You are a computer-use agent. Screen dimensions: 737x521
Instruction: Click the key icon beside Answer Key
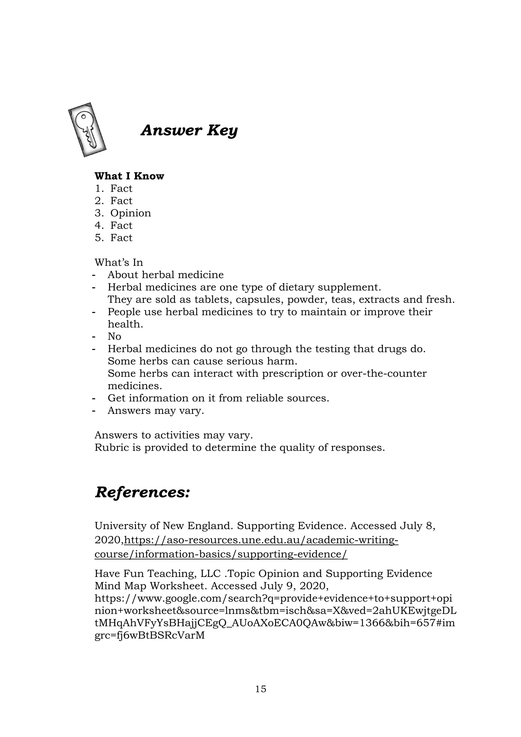click(x=87, y=130)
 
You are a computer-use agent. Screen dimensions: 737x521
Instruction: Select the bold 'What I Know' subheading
click(x=129, y=176)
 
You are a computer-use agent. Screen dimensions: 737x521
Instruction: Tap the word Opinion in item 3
click(x=130, y=213)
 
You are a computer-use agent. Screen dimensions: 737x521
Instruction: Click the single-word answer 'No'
click(x=114, y=336)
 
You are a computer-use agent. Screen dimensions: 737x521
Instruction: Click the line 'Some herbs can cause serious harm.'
click(x=202, y=361)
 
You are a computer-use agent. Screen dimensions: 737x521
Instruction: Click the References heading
click(x=142, y=492)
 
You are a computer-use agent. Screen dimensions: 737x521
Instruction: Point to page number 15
click(x=260, y=689)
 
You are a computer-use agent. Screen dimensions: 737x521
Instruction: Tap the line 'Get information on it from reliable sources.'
click(x=218, y=398)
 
